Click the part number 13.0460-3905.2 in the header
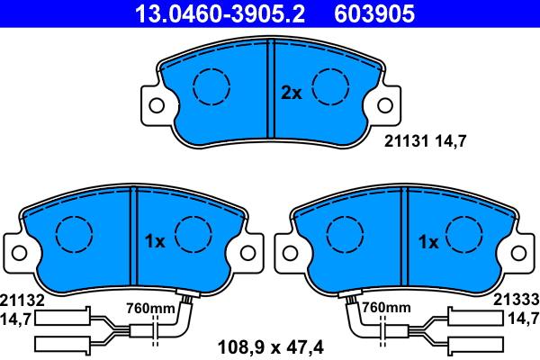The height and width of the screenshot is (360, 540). pos(220,13)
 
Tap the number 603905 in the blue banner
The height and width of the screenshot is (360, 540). pos(374,13)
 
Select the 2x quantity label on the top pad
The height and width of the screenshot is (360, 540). pos(292,93)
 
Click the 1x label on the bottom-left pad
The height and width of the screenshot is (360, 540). pos(155,241)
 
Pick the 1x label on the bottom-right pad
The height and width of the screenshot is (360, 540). pos(428,242)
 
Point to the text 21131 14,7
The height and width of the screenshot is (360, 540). pos(426,141)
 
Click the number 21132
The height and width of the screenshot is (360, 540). pos(22,301)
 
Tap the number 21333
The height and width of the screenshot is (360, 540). pos(517,300)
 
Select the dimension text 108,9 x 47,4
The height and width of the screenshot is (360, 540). pos(271,347)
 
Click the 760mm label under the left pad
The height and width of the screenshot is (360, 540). pos(150,309)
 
